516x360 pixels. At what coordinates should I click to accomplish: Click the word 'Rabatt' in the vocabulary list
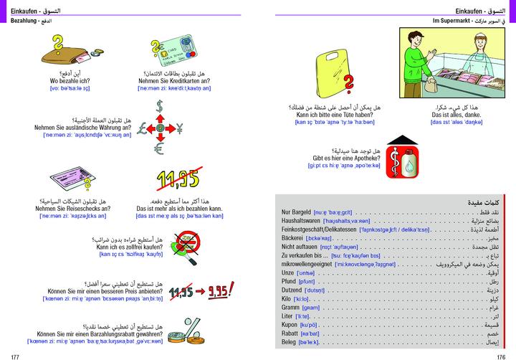pos(291,333)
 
